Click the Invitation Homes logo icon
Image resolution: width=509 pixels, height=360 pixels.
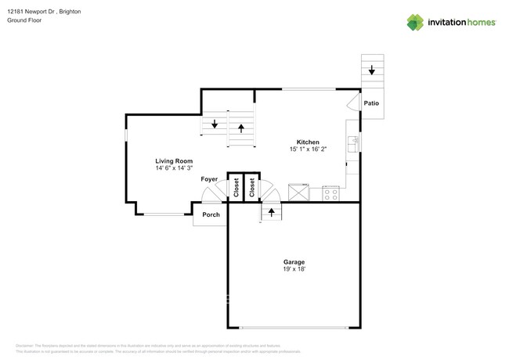tap(415, 22)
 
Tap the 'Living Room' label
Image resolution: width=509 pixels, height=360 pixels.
tap(174, 160)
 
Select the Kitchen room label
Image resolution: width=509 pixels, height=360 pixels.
tap(307, 141)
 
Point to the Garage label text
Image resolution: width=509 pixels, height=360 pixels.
tap(294, 261)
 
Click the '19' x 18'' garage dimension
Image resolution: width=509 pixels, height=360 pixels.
tap(294, 269)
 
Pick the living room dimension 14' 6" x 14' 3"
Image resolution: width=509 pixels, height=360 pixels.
tap(174, 168)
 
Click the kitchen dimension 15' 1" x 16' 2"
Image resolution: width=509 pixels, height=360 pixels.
tap(307, 149)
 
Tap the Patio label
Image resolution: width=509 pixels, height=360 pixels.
tap(372, 103)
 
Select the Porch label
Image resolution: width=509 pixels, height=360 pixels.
tap(211, 214)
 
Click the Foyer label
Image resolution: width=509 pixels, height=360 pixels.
tap(209, 179)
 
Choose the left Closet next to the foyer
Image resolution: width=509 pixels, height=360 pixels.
tap(235, 188)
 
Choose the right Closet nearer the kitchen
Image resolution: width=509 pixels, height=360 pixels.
tap(252, 188)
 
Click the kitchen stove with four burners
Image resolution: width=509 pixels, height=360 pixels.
tap(330, 193)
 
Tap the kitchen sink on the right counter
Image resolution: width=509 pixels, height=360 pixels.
tap(353, 142)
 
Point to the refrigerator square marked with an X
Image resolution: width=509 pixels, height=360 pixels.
tap(298, 193)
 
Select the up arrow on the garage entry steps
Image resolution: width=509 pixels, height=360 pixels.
tap(272, 211)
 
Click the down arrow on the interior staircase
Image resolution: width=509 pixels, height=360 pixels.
tap(214, 124)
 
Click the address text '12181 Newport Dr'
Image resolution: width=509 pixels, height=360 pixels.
tap(34, 13)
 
